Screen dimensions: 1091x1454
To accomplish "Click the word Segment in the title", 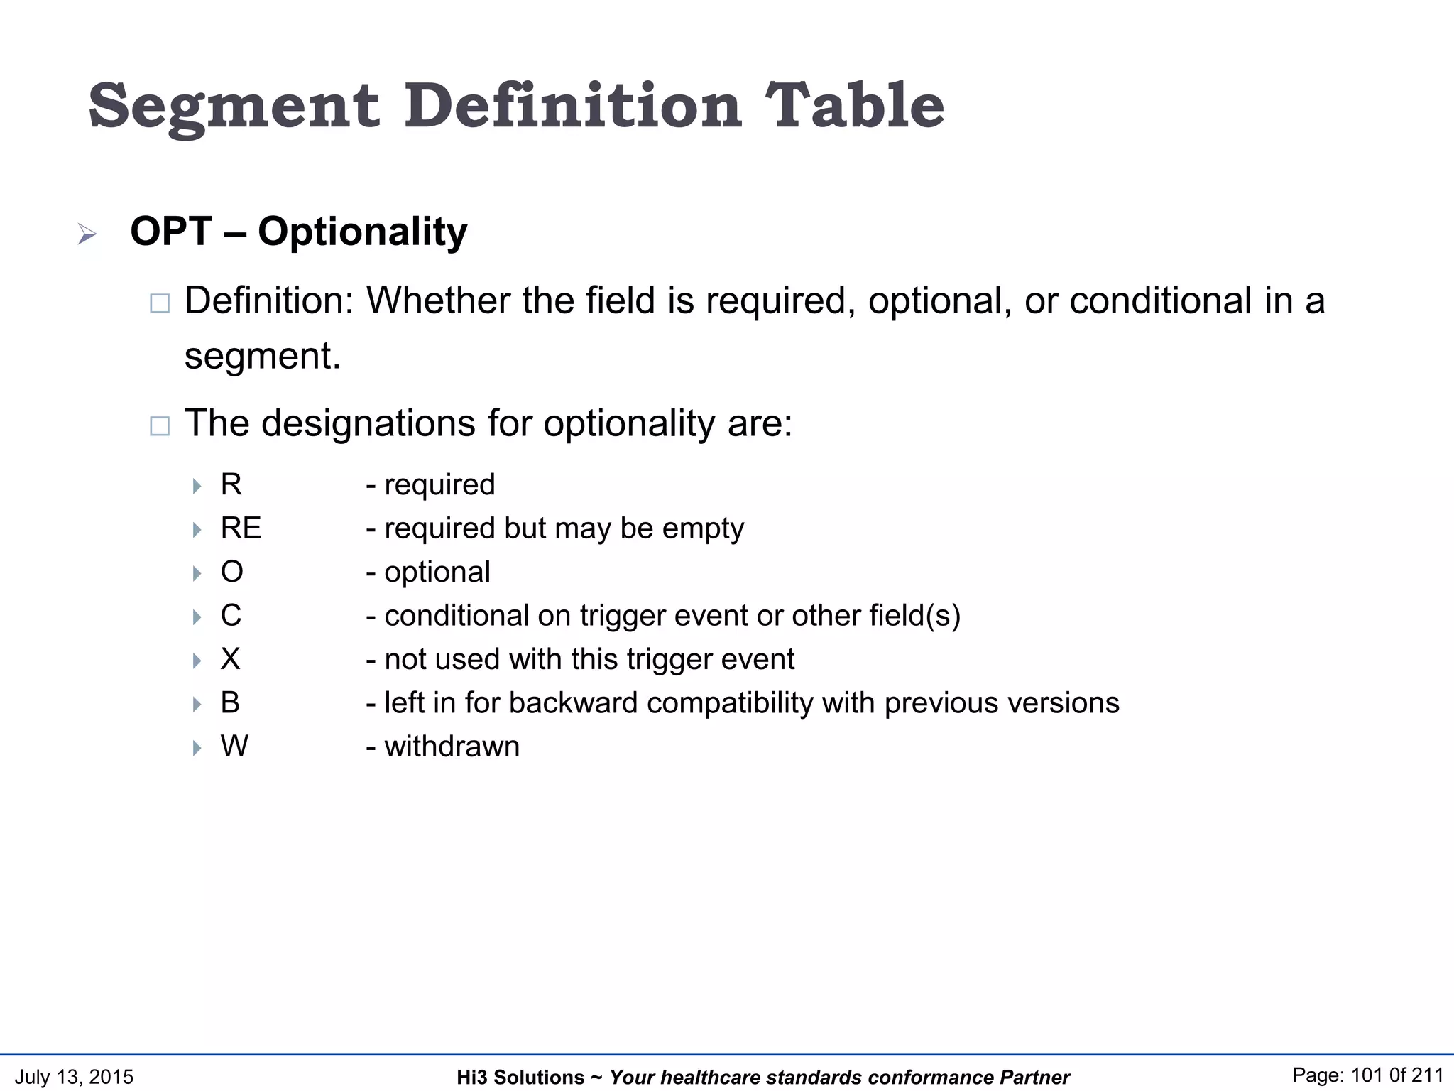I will point(234,107).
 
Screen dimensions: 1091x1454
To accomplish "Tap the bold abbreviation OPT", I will point(171,232).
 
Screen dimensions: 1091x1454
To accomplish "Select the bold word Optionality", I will point(362,232).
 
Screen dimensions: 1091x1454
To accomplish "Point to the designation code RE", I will point(241,528).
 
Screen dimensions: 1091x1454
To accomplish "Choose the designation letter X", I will point(230,659).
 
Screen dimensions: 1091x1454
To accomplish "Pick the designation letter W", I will point(234,747).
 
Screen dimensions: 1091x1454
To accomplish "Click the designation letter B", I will point(230,702).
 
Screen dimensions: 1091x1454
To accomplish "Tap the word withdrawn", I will point(452,747).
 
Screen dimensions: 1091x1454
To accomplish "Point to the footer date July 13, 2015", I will point(74,1077).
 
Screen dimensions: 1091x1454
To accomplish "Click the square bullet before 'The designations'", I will point(160,426).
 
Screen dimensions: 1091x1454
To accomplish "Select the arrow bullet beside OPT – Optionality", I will point(87,234).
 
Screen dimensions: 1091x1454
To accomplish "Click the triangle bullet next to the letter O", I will point(197,573).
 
